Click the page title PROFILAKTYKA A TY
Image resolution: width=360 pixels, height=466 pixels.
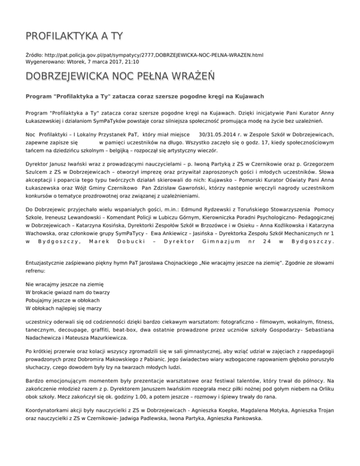click(x=75, y=36)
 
